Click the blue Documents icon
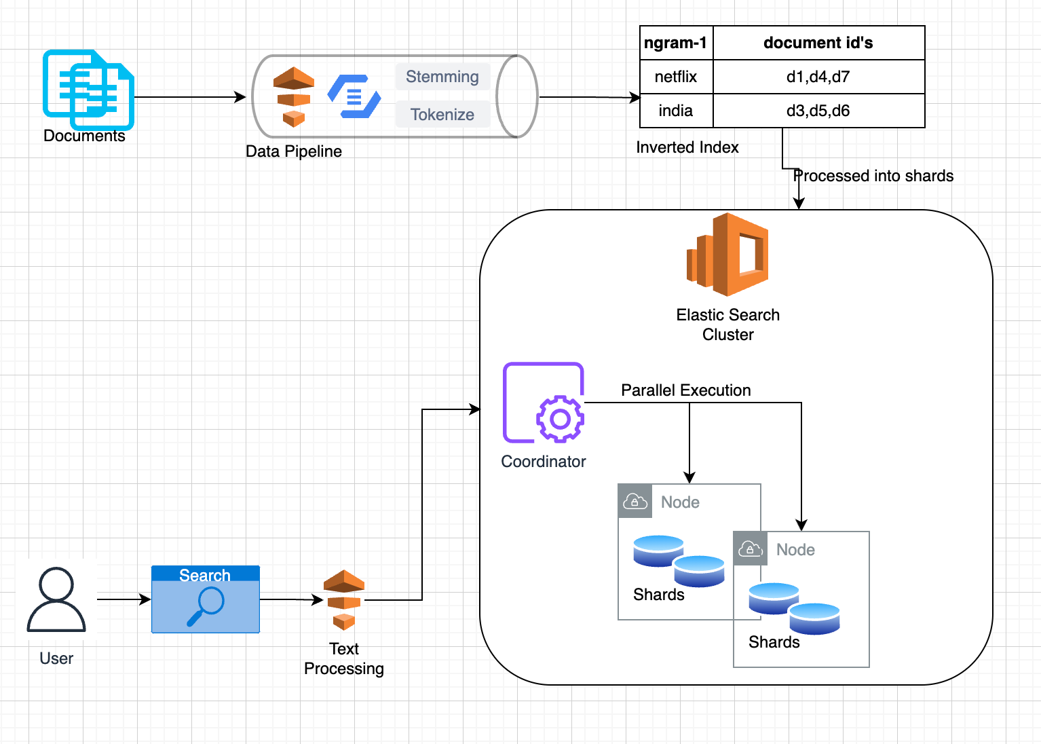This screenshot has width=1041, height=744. point(88,90)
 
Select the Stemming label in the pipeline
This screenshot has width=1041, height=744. point(442,77)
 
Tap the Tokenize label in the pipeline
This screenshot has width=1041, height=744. point(442,114)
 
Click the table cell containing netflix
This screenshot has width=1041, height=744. point(676,77)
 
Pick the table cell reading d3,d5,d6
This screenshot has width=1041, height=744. point(818,111)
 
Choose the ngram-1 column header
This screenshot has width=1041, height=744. point(676,43)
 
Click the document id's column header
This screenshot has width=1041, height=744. point(818,43)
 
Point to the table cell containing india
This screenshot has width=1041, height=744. point(676,111)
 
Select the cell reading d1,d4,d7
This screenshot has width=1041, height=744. point(818,77)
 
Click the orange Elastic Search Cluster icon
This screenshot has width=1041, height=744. point(727,255)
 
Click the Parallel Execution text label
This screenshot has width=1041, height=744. point(686,390)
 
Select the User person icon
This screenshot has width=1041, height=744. point(56,599)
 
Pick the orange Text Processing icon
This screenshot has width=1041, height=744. point(344,600)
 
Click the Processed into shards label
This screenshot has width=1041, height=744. point(873,176)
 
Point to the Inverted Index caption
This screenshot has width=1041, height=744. point(687,147)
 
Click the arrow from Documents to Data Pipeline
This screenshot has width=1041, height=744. point(190,97)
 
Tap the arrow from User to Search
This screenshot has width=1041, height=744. point(124,599)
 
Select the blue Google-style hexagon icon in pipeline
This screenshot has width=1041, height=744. point(354,96)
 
